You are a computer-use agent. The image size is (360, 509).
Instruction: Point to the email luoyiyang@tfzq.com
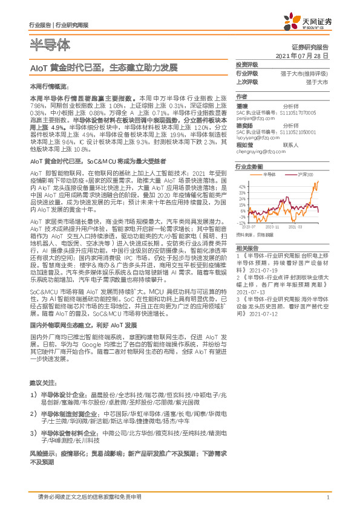[257, 137]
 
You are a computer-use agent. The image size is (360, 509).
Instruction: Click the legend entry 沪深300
[306, 174]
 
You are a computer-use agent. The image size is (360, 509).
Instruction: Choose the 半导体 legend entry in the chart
[272, 174]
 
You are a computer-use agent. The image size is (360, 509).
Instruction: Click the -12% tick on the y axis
[241, 222]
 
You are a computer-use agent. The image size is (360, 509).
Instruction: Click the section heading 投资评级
[246, 64]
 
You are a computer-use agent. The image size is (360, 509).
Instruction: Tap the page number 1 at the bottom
[327, 497]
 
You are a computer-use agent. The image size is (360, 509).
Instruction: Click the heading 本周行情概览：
[46, 87]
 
